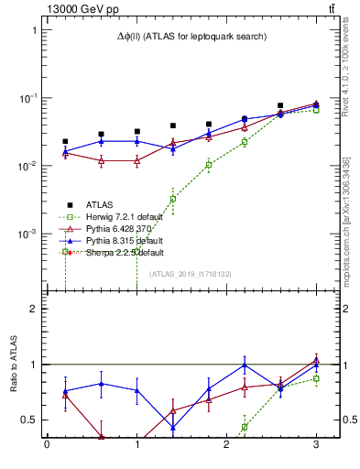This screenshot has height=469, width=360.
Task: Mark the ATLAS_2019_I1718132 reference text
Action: (191, 274)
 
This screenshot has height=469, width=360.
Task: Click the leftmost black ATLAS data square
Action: (65, 142)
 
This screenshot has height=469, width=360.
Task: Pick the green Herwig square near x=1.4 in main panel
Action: (172, 199)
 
